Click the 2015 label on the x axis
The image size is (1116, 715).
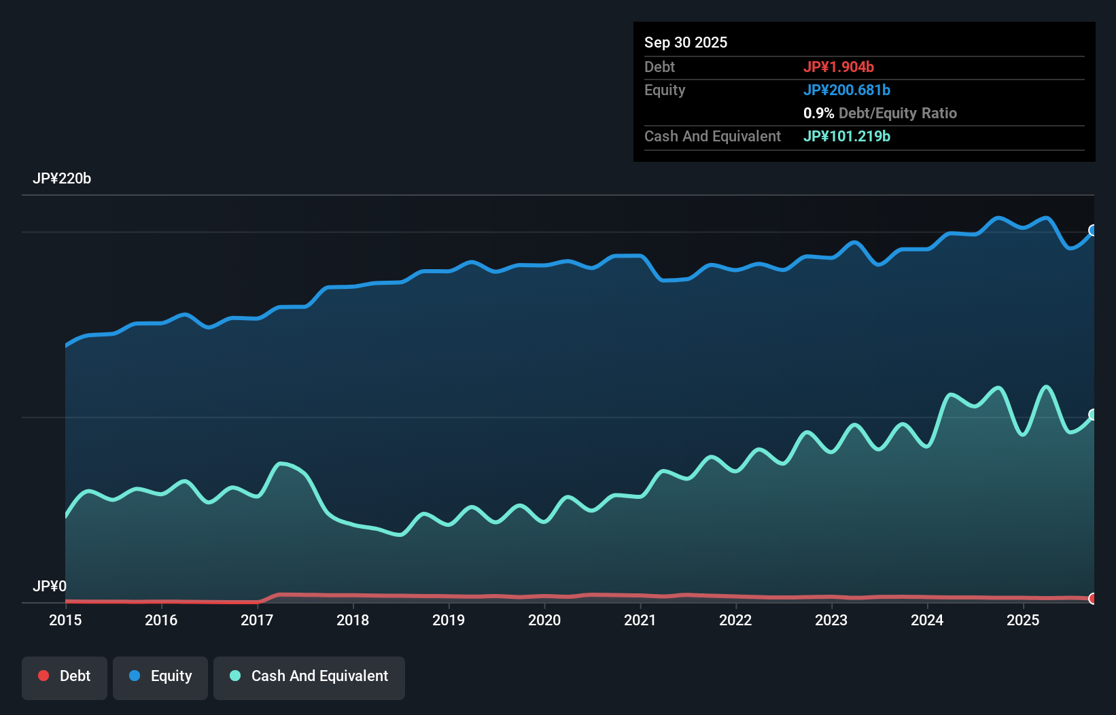click(65, 620)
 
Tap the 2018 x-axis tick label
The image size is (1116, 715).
click(353, 620)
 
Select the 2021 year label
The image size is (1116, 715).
click(640, 620)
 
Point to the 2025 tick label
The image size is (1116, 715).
click(1023, 620)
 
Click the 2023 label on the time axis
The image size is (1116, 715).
click(831, 620)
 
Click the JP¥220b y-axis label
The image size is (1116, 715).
click(62, 179)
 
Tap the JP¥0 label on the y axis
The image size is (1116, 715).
click(50, 586)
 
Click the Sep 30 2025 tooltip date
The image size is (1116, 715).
click(686, 42)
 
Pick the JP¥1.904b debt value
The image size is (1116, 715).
click(839, 67)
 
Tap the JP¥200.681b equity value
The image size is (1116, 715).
click(847, 90)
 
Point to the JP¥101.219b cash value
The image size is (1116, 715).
click(847, 136)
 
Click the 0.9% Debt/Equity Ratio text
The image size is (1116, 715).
click(880, 113)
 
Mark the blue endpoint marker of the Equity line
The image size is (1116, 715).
click(1093, 230)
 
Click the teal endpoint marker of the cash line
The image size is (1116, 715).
click(1093, 415)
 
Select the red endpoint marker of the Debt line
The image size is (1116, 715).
click(1093, 599)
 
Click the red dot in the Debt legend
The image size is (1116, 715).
click(43, 676)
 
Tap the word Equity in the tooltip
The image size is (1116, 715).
click(665, 90)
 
